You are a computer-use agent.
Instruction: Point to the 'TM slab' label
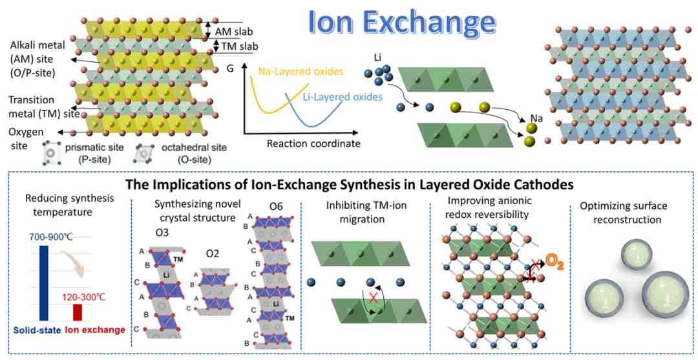[234, 45]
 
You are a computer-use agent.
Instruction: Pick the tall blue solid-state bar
[44, 284]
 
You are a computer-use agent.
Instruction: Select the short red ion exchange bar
[78, 312]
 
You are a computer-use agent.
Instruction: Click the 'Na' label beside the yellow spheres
[536, 118]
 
